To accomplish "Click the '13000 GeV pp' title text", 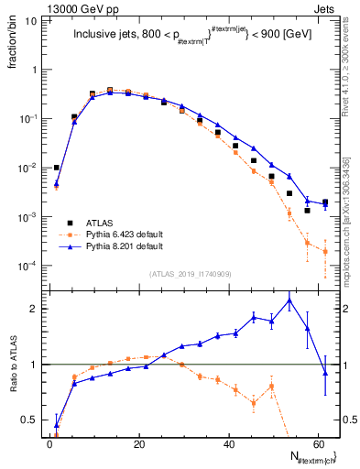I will click(x=40, y=7).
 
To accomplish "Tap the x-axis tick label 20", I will click(x=138, y=445).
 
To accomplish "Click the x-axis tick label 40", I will click(x=228, y=445).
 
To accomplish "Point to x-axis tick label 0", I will click(x=49, y=445).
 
